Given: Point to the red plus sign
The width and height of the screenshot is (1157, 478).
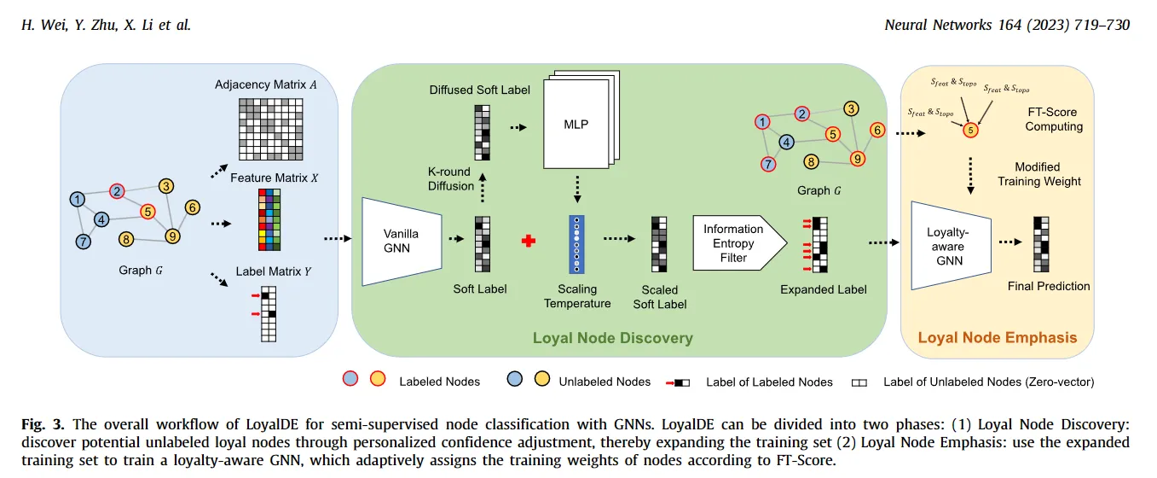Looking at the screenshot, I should click(529, 242).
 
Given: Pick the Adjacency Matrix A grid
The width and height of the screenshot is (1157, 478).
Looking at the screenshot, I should click(270, 128).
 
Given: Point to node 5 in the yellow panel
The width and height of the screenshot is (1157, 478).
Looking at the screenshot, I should click(970, 131).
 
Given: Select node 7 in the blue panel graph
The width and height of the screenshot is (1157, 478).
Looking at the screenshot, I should click(83, 241).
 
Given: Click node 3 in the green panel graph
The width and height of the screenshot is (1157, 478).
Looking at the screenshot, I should click(850, 108).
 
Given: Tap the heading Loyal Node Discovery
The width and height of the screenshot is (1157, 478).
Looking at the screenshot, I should click(612, 338).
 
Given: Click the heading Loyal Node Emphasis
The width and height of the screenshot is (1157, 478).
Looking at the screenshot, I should click(997, 337).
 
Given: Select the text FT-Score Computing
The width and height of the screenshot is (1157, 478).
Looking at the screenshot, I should click(1053, 119).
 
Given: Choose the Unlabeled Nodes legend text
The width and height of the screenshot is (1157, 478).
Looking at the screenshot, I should click(605, 382).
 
